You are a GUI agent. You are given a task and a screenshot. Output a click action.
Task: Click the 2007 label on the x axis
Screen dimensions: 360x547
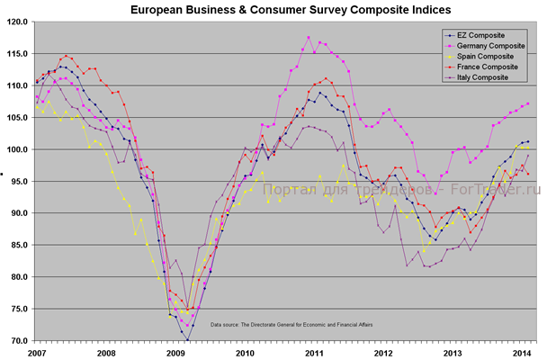coord(36,353)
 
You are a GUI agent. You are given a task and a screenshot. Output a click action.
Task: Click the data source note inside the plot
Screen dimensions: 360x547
coord(291,324)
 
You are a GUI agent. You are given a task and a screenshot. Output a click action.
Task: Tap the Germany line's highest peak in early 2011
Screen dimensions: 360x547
coord(309,38)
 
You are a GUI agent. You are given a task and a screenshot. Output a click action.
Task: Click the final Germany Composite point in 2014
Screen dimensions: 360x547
coord(527,103)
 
